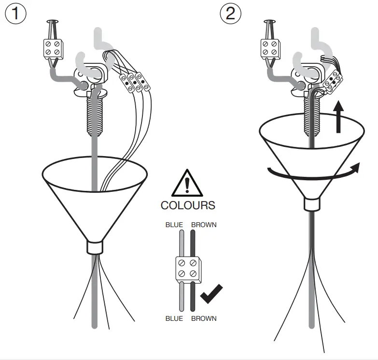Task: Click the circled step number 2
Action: tap(230, 13)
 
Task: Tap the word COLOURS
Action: tap(188, 205)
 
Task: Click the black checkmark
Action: tap(211, 294)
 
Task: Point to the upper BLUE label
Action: tap(174, 225)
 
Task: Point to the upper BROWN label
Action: tap(204, 225)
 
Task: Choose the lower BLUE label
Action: tap(174, 318)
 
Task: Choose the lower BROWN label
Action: tap(204, 318)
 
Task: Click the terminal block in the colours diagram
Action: tap(188, 269)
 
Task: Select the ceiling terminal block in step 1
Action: tap(52, 48)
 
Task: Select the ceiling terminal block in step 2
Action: tap(269, 48)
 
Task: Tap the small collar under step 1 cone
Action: tap(95, 247)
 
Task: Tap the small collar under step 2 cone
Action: tap(311, 204)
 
